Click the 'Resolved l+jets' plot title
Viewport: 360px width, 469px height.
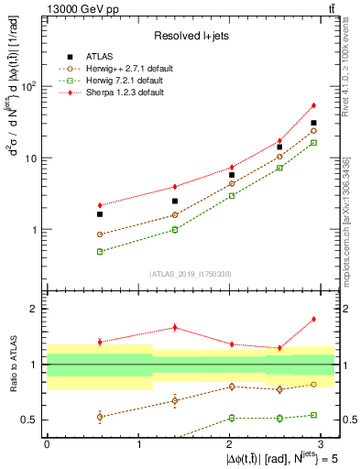pyautogui.click(x=190, y=36)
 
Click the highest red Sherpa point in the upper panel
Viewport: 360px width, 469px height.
pyautogui.click(x=313, y=105)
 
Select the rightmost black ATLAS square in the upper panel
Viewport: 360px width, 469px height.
pyautogui.click(x=313, y=123)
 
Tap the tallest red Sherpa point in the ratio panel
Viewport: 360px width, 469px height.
pyautogui.click(x=313, y=319)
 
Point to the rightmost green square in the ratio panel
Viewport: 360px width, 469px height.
pyautogui.click(x=313, y=416)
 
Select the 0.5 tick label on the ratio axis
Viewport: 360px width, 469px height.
pyautogui.click(x=32, y=420)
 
